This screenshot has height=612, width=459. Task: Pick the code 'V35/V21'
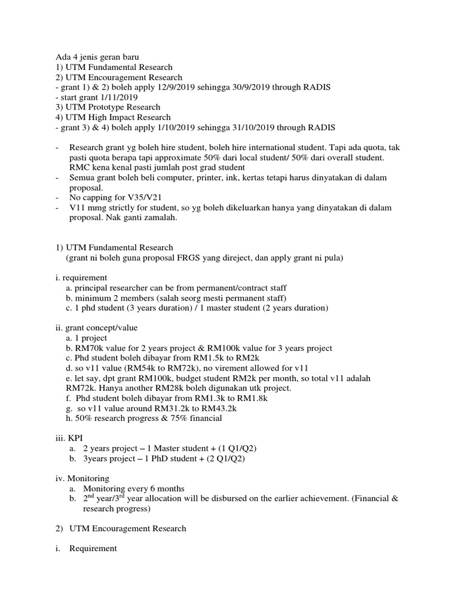137,198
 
